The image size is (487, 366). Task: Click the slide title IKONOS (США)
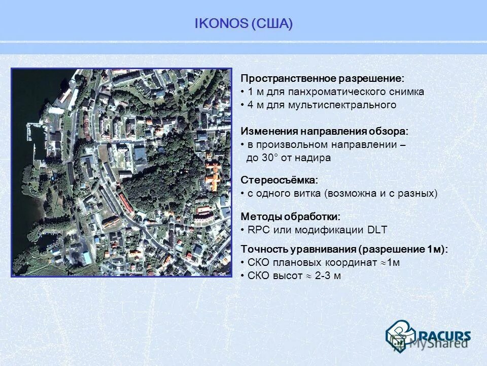(243, 24)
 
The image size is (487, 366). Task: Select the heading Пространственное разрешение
(322, 79)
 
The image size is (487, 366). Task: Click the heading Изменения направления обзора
(324, 131)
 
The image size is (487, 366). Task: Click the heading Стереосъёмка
(280, 180)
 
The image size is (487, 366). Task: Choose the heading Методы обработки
(290, 217)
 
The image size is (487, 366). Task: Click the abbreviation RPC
(259, 230)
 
